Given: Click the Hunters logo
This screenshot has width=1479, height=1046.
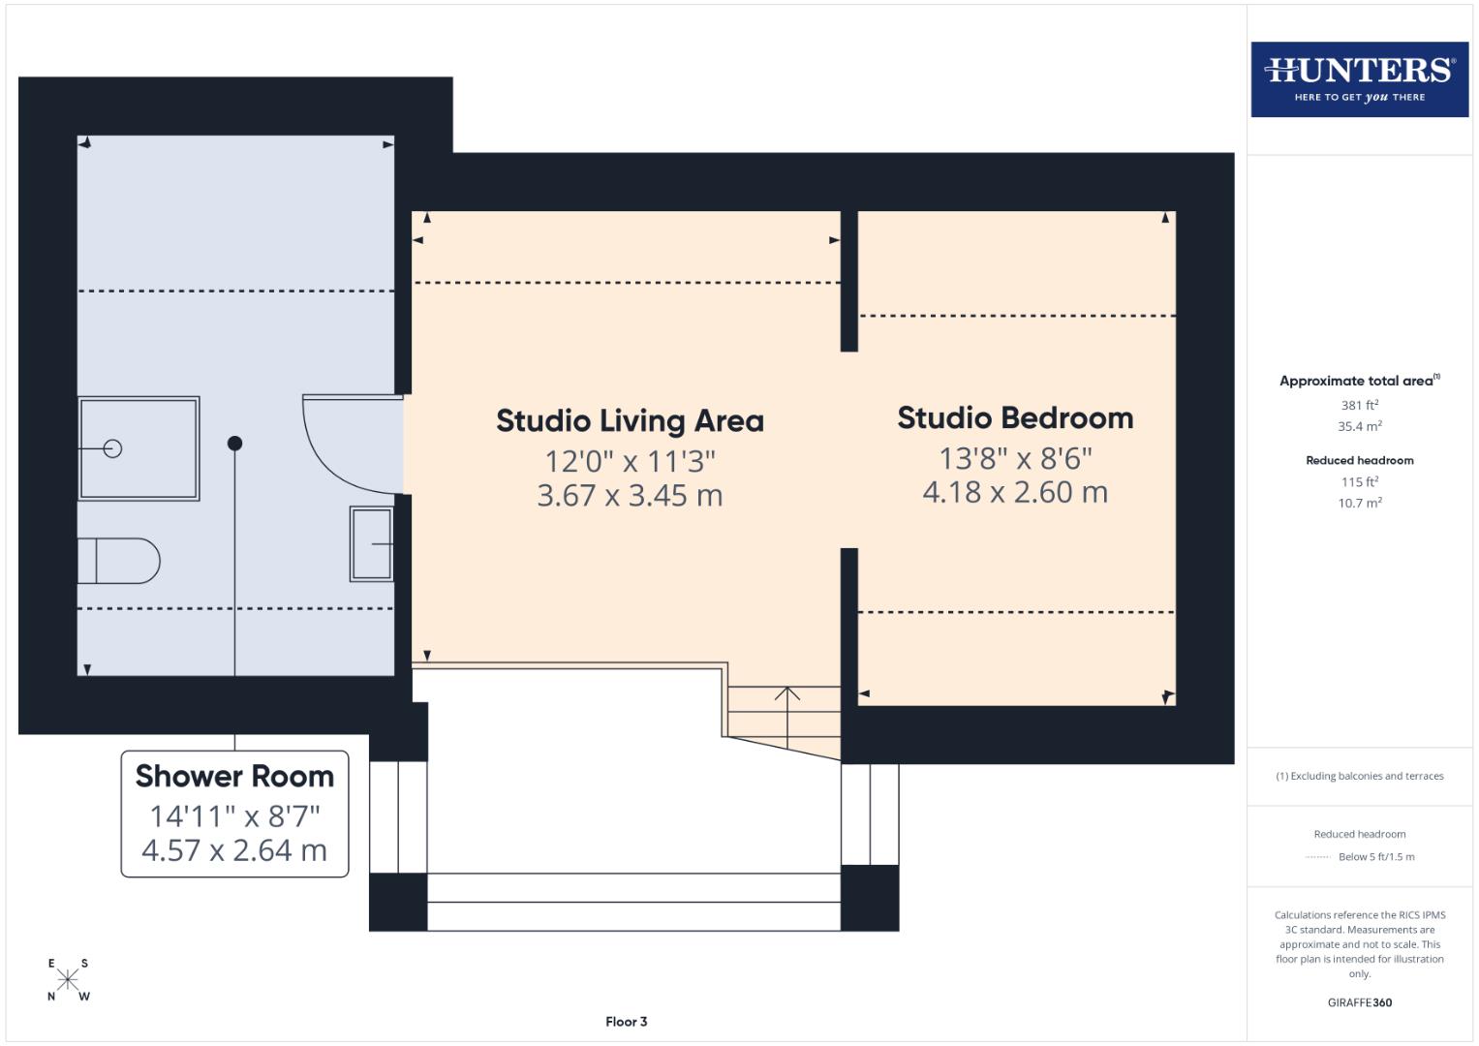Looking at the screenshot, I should click(x=1359, y=79).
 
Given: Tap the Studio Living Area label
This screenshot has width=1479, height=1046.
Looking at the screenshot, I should click(x=630, y=421).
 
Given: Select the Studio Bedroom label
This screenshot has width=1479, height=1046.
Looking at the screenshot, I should click(x=1015, y=418).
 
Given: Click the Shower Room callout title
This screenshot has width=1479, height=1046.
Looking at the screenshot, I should click(x=234, y=777).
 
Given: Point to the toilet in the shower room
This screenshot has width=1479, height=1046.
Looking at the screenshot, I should click(x=119, y=561).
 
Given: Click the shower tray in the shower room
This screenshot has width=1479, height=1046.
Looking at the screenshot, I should click(x=139, y=448).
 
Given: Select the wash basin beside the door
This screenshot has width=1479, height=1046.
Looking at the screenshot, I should click(x=372, y=544).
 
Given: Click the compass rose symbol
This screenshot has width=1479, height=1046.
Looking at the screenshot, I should click(x=68, y=979).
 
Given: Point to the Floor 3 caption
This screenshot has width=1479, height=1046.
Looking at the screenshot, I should click(x=627, y=1022).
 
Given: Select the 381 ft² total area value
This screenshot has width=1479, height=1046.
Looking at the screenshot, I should click(x=1359, y=406).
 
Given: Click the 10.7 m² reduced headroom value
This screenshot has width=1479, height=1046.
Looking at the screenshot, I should click(x=1359, y=504).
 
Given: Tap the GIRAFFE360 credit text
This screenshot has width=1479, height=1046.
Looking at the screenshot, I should click(x=1359, y=1003).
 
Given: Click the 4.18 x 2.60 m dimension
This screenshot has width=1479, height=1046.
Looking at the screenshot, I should click(x=1015, y=493).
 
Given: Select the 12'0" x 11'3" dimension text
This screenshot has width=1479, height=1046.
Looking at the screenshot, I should click(x=630, y=461).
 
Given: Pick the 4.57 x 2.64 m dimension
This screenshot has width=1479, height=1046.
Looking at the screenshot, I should click(x=234, y=850).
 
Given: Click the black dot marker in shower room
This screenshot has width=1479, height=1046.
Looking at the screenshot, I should click(x=234, y=444).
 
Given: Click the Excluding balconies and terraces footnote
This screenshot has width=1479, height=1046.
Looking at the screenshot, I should click(x=1359, y=776).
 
